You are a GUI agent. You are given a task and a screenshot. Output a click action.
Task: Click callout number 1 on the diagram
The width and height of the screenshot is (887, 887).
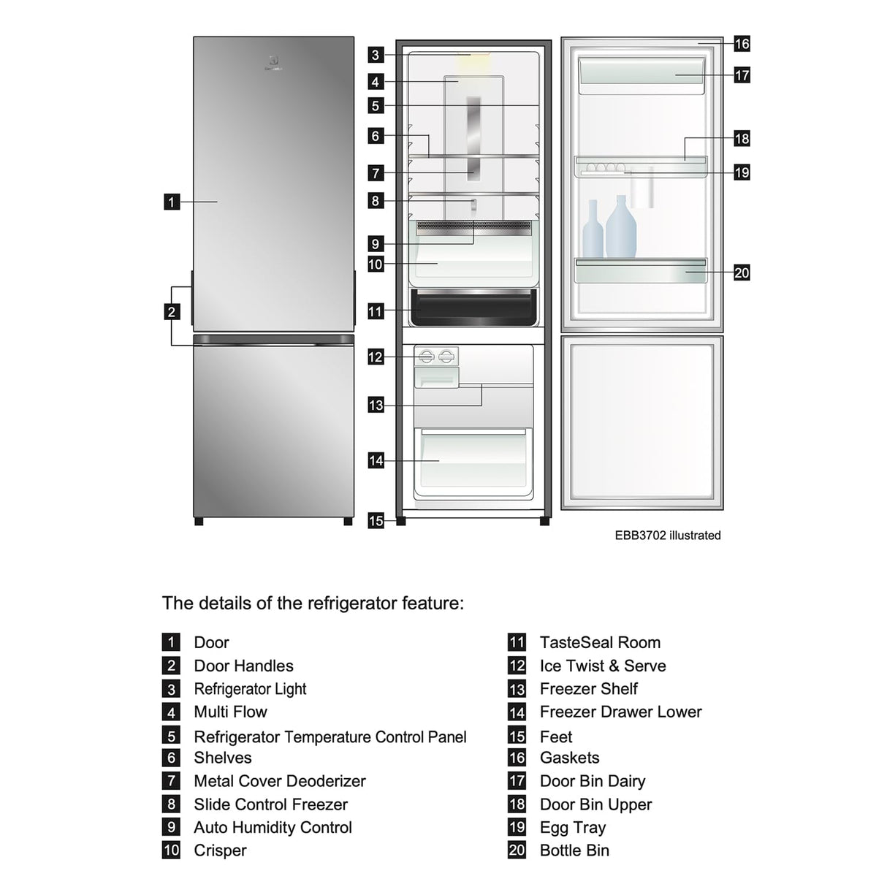pos(171,202)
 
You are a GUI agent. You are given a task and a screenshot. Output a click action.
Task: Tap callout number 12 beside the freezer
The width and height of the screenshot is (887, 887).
pos(376,357)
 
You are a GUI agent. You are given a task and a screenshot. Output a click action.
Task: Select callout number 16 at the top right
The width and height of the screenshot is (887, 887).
pos(742,44)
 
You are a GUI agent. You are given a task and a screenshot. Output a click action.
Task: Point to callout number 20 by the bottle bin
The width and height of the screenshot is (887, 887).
pos(742,273)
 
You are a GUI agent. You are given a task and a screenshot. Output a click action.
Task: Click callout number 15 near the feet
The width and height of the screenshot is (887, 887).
pos(376,521)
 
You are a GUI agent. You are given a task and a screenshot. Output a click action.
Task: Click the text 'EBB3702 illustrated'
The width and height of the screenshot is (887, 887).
pos(667,536)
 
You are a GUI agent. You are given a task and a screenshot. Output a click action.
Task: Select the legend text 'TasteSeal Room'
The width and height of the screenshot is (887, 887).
pos(599,642)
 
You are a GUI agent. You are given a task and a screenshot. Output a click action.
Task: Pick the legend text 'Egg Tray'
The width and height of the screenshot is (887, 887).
pos(572,827)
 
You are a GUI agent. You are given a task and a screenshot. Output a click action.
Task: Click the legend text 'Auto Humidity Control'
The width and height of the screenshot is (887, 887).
pos(273,827)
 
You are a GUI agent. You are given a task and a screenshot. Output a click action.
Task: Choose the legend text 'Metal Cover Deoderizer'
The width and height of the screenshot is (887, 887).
pos(279,781)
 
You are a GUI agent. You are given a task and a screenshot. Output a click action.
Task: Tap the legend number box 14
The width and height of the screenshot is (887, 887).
pos(517,712)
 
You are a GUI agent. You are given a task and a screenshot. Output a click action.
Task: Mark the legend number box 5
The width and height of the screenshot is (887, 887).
pos(171,736)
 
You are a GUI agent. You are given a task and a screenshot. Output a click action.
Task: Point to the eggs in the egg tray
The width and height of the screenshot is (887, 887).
pos(606,168)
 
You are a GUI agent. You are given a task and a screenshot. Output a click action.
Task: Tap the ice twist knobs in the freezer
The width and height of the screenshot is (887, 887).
pos(436,357)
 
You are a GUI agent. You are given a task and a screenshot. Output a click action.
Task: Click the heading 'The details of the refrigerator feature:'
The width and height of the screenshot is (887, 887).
pos(313,604)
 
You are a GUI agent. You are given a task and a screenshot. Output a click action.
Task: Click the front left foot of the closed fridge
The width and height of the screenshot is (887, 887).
pos(199,522)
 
